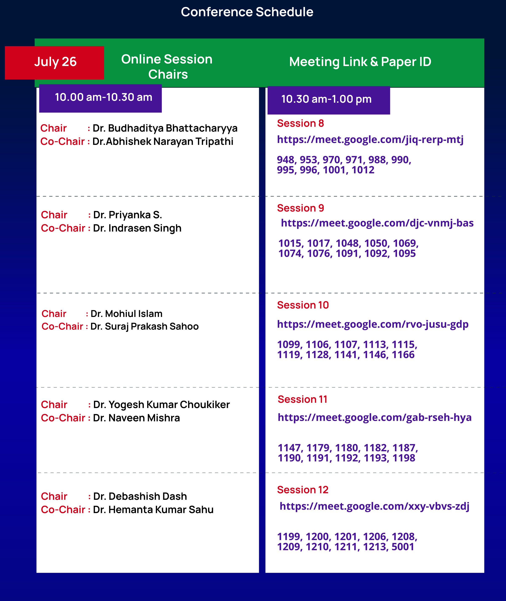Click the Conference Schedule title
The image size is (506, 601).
(247, 12)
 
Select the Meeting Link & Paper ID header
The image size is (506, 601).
(360, 62)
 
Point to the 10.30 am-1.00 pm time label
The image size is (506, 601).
(326, 100)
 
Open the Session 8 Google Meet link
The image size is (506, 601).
(370, 140)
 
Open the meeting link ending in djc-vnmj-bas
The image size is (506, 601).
(377, 223)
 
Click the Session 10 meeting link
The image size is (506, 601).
(373, 325)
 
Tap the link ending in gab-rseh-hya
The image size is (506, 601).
(374, 418)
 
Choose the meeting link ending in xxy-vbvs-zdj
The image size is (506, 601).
(374, 506)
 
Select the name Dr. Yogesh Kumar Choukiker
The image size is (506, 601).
(161, 405)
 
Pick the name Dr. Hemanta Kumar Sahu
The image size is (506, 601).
(153, 510)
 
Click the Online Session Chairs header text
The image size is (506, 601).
(167, 67)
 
